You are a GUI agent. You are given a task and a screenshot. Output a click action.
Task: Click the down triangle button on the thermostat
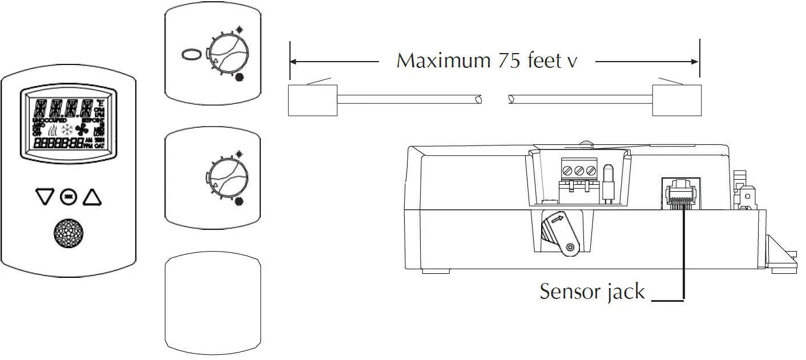43,197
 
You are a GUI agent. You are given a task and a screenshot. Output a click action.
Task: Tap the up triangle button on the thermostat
92,197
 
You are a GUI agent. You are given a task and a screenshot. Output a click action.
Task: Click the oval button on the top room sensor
192,55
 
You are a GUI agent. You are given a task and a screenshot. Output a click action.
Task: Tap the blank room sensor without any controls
213,301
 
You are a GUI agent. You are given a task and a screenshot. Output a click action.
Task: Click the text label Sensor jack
592,292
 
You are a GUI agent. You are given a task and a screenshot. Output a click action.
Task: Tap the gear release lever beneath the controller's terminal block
561,234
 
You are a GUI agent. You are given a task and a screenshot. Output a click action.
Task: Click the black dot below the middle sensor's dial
239,201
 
